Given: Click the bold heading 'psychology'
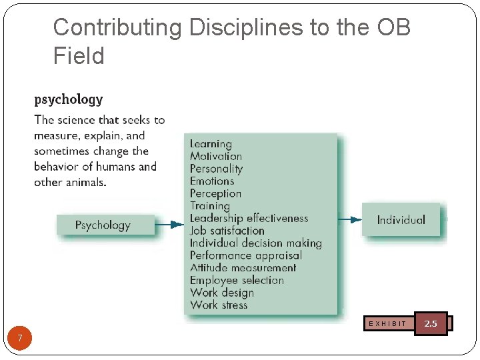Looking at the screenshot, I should point(69,100).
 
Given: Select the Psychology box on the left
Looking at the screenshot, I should point(105,225).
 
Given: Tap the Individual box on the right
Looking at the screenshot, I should point(401,220).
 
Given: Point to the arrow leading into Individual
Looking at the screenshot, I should point(349,219).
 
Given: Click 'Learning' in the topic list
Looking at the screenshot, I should point(211,144).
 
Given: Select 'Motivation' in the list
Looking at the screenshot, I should point(216,156).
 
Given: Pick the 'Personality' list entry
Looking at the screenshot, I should point(216,169).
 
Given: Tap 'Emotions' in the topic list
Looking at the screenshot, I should point(212,181).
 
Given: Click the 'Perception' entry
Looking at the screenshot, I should point(215,193).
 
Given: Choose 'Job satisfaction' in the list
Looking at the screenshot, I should point(227,231).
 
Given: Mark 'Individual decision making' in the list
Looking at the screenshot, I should point(255,243).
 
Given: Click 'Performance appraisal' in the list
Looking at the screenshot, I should point(246,255).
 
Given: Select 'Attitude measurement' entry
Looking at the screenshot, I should point(243,268).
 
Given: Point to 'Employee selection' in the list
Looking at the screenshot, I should point(237,280).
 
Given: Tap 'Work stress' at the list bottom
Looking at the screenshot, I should point(219,305).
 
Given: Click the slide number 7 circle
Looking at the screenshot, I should point(20,339).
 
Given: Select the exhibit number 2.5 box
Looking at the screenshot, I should point(431,323).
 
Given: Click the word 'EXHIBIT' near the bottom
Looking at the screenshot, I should point(387,324).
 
